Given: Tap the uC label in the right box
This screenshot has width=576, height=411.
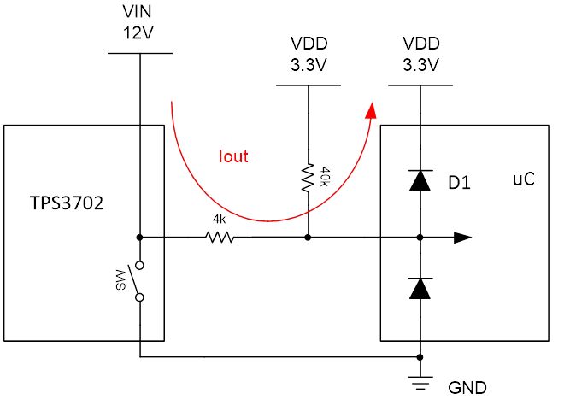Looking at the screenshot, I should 523,180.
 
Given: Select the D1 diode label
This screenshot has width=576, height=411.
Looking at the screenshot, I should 460,182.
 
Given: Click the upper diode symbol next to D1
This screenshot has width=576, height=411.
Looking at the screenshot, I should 420,180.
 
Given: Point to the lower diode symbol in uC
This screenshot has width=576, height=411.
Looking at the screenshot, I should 420,288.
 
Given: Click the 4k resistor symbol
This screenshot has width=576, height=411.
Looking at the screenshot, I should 220,238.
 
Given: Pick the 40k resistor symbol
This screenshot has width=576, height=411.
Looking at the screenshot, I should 308,179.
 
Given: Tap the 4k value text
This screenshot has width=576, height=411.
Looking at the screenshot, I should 219,220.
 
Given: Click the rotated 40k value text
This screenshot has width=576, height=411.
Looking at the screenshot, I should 324,178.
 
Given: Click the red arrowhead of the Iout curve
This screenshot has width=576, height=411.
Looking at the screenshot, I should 371,109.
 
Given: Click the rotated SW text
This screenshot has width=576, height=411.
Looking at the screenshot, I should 120,279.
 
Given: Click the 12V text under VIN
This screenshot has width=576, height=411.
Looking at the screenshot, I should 138,35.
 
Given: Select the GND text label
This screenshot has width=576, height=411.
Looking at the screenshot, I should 467,389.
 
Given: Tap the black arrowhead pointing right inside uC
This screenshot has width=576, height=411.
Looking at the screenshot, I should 462,238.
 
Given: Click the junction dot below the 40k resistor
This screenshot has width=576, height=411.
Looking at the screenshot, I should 308,238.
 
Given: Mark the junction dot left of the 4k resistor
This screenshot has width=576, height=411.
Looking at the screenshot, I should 138,238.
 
